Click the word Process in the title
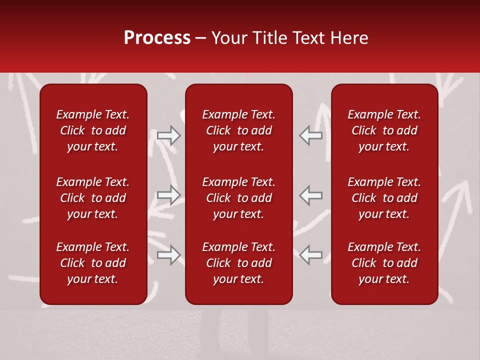click(x=157, y=38)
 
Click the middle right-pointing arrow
click(x=168, y=195)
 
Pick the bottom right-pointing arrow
click(x=168, y=255)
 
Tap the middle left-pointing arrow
click(x=311, y=195)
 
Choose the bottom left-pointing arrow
click(x=311, y=255)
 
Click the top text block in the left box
click(x=93, y=130)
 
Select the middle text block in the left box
click(x=93, y=198)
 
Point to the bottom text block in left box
click(x=93, y=263)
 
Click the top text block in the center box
click(x=238, y=130)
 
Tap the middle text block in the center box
click(x=238, y=198)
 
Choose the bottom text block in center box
click(x=238, y=263)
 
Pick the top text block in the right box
click(x=384, y=130)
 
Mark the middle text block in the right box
click(x=384, y=198)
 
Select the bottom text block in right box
click(x=384, y=263)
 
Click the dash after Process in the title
click(x=200, y=38)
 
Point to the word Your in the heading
click(x=228, y=38)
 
